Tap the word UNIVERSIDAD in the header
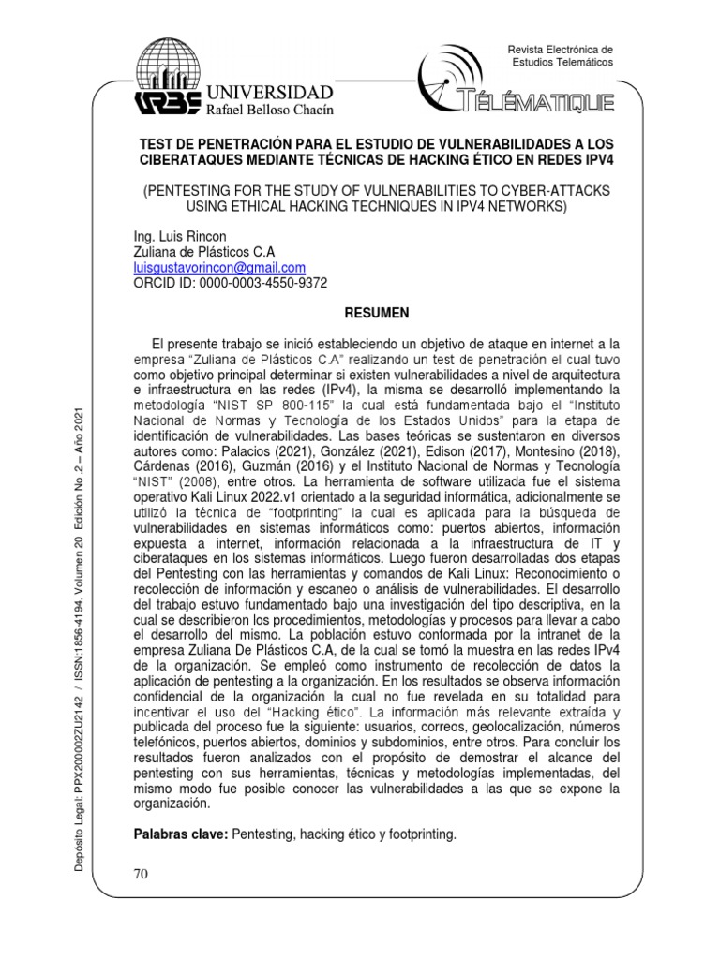coord(269,92)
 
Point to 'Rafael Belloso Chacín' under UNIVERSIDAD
coord(267,111)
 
